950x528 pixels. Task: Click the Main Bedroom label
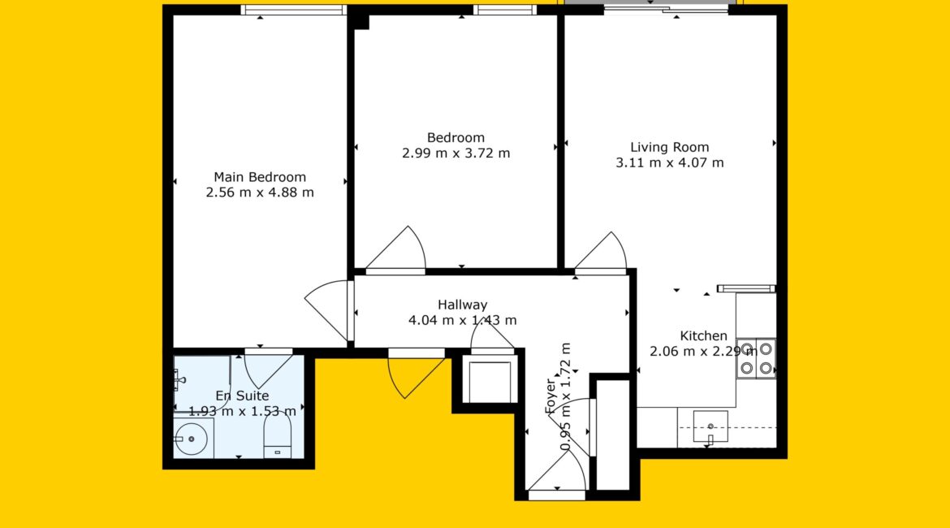[259, 177]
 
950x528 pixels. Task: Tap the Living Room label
[670, 147]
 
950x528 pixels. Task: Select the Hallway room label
[462, 305]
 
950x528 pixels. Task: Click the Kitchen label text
[703, 335]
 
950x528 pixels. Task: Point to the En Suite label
[242, 396]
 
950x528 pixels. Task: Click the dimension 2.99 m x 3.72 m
[456, 154]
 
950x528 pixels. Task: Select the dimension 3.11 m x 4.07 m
[670, 162]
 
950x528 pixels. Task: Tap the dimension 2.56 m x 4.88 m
[260, 193]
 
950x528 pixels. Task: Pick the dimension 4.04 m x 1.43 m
[462, 320]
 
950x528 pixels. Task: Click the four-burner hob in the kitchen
[756, 359]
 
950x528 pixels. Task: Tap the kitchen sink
[710, 426]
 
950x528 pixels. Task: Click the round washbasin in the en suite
[192, 439]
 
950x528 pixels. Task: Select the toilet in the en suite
[278, 438]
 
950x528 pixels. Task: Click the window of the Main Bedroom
[293, 10]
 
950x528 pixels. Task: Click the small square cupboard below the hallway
[490, 381]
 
